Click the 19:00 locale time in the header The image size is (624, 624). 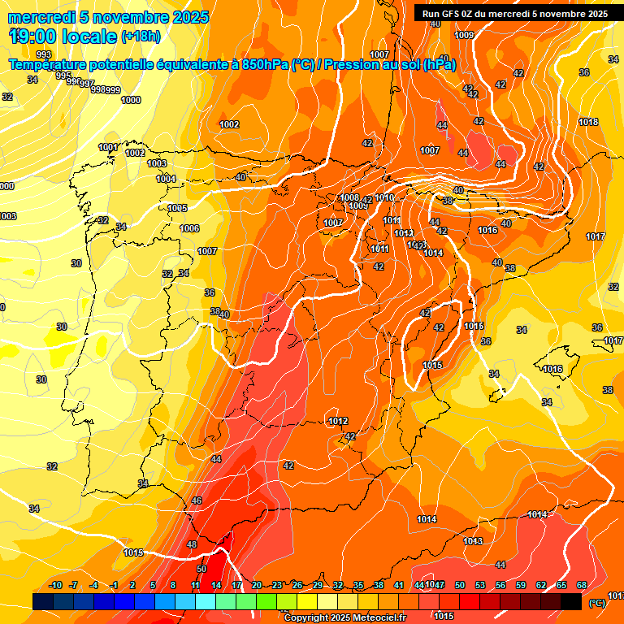63,36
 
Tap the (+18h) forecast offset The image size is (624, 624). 141,36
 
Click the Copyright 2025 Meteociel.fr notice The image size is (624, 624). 345,617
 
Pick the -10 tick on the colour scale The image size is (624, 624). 55,585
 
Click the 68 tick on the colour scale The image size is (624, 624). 582,585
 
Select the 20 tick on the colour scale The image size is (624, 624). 257,585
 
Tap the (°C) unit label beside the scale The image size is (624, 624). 597,603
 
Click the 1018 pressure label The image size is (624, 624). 588,122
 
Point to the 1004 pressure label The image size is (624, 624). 166,179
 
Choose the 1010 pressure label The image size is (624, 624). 385,197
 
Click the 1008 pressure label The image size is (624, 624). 349,197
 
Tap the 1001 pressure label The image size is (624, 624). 108,147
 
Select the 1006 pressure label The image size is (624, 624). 189,229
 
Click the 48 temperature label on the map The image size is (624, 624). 192,544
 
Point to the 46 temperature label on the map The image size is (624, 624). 197,501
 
